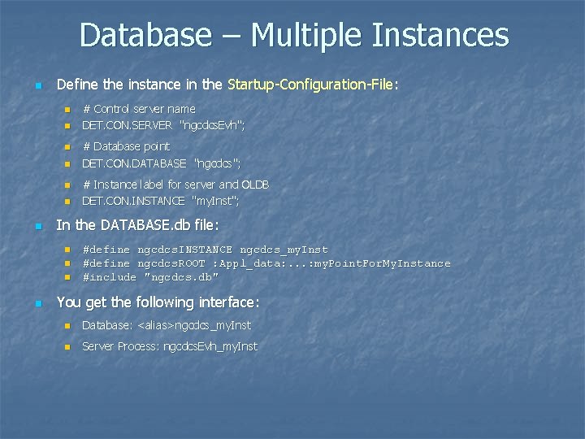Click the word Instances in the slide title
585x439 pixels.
[440, 36]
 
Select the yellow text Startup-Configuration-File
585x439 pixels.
[314, 85]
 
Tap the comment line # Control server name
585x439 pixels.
[139, 109]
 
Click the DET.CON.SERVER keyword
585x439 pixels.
[127, 125]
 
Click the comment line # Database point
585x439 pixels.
[126, 146]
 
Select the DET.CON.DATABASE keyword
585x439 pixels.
[134, 163]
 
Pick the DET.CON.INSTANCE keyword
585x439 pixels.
[133, 201]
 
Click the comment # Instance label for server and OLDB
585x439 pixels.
[176, 185]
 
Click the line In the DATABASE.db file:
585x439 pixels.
[137, 224]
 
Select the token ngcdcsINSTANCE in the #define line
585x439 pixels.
[184, 250]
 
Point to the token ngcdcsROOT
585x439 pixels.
[171, 263]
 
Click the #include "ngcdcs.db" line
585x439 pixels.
[150, 276]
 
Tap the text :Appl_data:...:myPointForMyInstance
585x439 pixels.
[333, 263]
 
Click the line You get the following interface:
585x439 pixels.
[158, 302]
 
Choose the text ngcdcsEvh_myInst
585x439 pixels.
[210, 346]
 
